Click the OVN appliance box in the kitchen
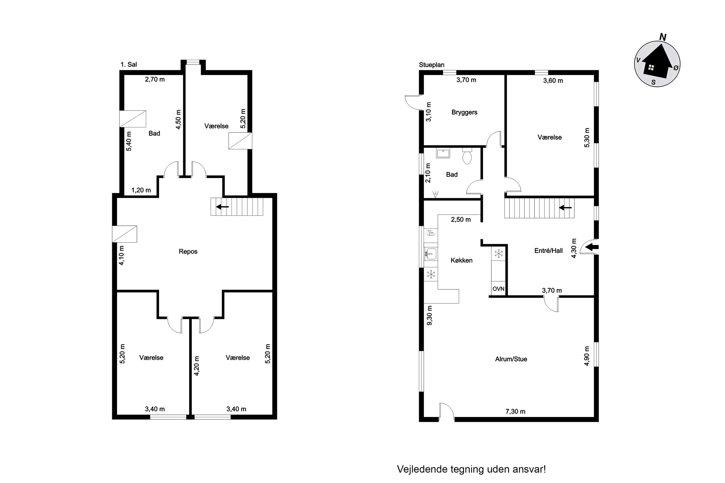[x=498, y=289]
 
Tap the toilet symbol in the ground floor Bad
[x=467, y=156]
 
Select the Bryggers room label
[x=464, y=112]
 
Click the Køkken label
[x=461, y=260]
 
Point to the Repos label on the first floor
[x=188, y=251]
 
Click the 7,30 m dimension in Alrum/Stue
[x=516, y=411]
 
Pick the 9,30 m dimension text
[x=429, y=315]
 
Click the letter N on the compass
[x=663, y=37]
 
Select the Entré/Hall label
[x=548, y=251]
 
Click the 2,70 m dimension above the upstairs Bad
[x=155, y=79]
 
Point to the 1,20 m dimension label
[x=141, y=190]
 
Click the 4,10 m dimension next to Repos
[x=121, y=255]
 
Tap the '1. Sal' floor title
[x=129, y=64]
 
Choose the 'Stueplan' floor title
[x=431, y=65]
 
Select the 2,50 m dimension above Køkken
[x=461, y=220]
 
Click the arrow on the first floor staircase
[x=222, y=207]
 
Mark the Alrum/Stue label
[x=511, y=359]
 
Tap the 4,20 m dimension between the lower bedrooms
[x=197, y=366]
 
